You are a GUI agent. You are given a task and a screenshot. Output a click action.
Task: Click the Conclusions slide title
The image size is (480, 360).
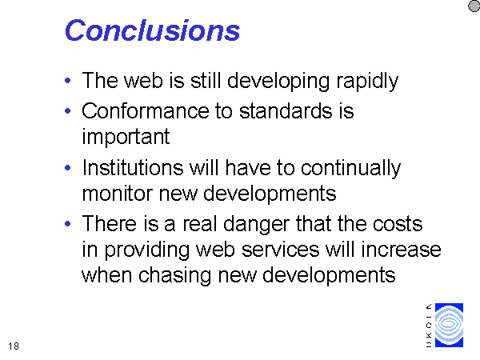152,30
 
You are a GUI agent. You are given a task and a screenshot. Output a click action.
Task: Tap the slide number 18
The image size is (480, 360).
14,346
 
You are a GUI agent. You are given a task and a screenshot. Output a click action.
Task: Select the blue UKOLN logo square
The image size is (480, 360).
449,325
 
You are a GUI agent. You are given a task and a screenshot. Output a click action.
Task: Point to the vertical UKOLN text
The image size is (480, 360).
429,326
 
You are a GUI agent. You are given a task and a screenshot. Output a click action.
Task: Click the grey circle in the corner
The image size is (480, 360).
474,6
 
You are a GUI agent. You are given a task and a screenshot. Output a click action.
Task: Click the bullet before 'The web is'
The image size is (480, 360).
68,81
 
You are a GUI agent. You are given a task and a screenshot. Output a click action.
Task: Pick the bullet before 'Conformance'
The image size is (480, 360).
68,111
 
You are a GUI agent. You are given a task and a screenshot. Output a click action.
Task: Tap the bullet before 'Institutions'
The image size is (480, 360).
68,167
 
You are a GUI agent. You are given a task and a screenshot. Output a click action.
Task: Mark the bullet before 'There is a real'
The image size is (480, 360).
68,224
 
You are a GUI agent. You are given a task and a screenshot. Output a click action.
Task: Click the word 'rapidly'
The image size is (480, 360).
367,82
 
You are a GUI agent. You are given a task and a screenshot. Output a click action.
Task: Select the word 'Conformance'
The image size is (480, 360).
145,110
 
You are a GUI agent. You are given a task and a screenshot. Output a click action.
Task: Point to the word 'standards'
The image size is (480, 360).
286,110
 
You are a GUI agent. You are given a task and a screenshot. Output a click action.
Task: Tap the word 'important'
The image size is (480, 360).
126,137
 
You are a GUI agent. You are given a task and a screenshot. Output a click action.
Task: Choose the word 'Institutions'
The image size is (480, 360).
133,168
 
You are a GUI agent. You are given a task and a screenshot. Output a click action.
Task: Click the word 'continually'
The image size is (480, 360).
351,168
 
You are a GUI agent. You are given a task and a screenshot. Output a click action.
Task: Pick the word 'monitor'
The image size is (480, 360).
118,194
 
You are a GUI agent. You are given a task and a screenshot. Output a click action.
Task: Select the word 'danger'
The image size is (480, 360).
256,224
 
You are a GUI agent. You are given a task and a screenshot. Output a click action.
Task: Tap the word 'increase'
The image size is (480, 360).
401,250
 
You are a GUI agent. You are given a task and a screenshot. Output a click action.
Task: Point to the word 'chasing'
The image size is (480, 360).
174,275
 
